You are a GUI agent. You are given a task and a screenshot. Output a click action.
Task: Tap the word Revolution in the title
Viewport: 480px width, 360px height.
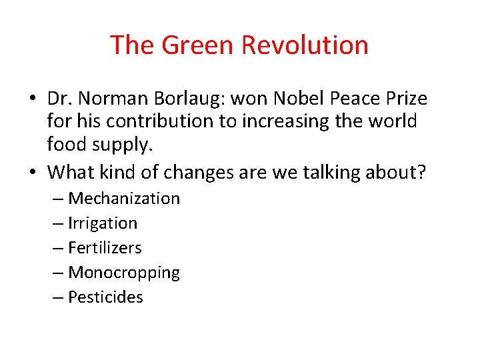[x=305, y=45]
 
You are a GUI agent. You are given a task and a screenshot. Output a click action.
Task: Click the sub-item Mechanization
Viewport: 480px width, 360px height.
[x=124, y=199]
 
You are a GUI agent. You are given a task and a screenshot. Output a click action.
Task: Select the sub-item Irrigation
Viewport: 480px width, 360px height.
[x=103, y=223]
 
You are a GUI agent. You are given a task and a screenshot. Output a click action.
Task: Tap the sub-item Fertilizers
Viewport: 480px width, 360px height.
[x=105, y=248]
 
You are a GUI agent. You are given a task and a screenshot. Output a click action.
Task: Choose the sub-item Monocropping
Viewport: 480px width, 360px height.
[x=124, y=273]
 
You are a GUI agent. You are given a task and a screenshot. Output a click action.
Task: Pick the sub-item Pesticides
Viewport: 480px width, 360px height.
[x=106, y=297]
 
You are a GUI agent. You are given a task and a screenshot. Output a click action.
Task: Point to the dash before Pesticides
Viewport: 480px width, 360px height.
[x=58, y=297]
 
